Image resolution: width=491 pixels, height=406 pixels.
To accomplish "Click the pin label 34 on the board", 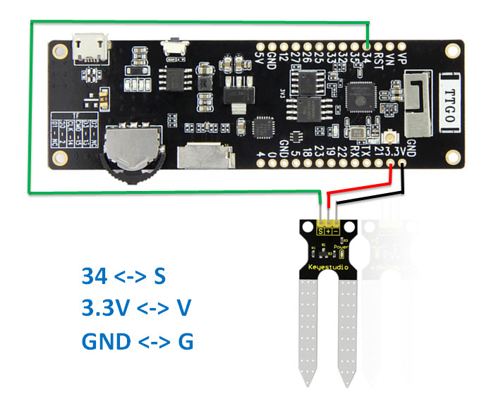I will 367,61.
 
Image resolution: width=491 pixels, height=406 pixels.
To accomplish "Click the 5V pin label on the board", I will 260,59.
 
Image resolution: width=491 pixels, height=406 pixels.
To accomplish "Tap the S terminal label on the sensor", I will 322,230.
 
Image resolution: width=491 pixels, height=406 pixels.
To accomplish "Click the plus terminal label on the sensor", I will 329,230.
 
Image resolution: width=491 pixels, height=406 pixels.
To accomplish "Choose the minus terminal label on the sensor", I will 336,230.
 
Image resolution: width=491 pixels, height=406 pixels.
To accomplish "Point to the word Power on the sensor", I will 341,248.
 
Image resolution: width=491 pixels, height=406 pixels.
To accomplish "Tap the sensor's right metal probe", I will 347,331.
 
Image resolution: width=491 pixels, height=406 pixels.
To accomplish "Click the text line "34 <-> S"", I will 123,276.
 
